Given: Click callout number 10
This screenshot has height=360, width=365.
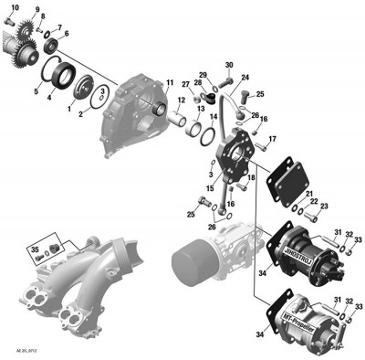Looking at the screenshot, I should [x=14, y=8].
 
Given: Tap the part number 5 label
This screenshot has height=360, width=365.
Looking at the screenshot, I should [x=36, y=92].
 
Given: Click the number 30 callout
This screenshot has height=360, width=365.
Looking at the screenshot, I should [x=229, y=65].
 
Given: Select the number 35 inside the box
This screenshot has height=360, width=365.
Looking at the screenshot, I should [x=35, y=249].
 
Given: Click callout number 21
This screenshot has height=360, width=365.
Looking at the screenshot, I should [x=310, y=194].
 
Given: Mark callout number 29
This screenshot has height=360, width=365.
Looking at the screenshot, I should [x=203, y=74].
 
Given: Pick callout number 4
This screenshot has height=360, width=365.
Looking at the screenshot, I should [x=51, y=99].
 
